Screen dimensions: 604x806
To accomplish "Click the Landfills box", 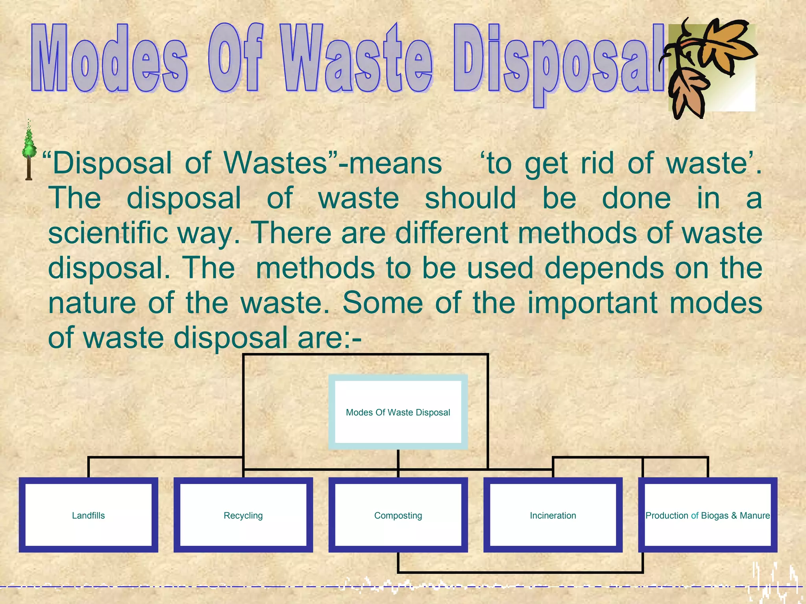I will (89, 515).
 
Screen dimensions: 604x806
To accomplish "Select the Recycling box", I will (243, 515).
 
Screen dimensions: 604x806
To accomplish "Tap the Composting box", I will (398, 515).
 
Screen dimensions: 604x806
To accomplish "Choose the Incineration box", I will (553, 515).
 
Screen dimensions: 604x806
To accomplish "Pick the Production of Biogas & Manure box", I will (707, 515).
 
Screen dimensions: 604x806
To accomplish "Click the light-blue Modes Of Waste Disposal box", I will (398, 412).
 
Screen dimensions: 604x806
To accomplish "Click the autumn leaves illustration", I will (710, 67).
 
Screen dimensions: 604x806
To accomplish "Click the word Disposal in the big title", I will (559, 61).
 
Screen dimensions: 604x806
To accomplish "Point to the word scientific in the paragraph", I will (108, 233).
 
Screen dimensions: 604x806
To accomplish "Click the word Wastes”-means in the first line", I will (333, 163).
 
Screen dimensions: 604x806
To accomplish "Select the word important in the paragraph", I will (593, 303).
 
